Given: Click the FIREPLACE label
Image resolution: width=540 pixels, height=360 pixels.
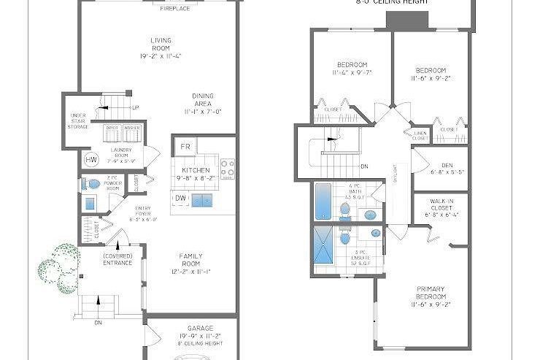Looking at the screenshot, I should click(175, 8).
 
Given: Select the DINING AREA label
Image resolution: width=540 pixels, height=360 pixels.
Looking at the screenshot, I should click(202, 104).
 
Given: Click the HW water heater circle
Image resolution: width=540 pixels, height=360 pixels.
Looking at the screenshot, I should click(91, 160).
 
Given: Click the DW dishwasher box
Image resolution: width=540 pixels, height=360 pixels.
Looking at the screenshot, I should click(180, 198).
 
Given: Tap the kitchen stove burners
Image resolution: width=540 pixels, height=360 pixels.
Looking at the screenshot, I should click(228, 168).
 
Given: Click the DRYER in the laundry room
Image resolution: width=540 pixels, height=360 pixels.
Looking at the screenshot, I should click(112, 133).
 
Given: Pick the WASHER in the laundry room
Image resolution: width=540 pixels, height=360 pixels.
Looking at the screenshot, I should click(131, 133).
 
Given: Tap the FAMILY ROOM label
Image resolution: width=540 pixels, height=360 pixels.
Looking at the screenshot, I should click(191, 264).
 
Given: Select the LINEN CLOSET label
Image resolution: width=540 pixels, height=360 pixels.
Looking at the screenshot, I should click(421, 135).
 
